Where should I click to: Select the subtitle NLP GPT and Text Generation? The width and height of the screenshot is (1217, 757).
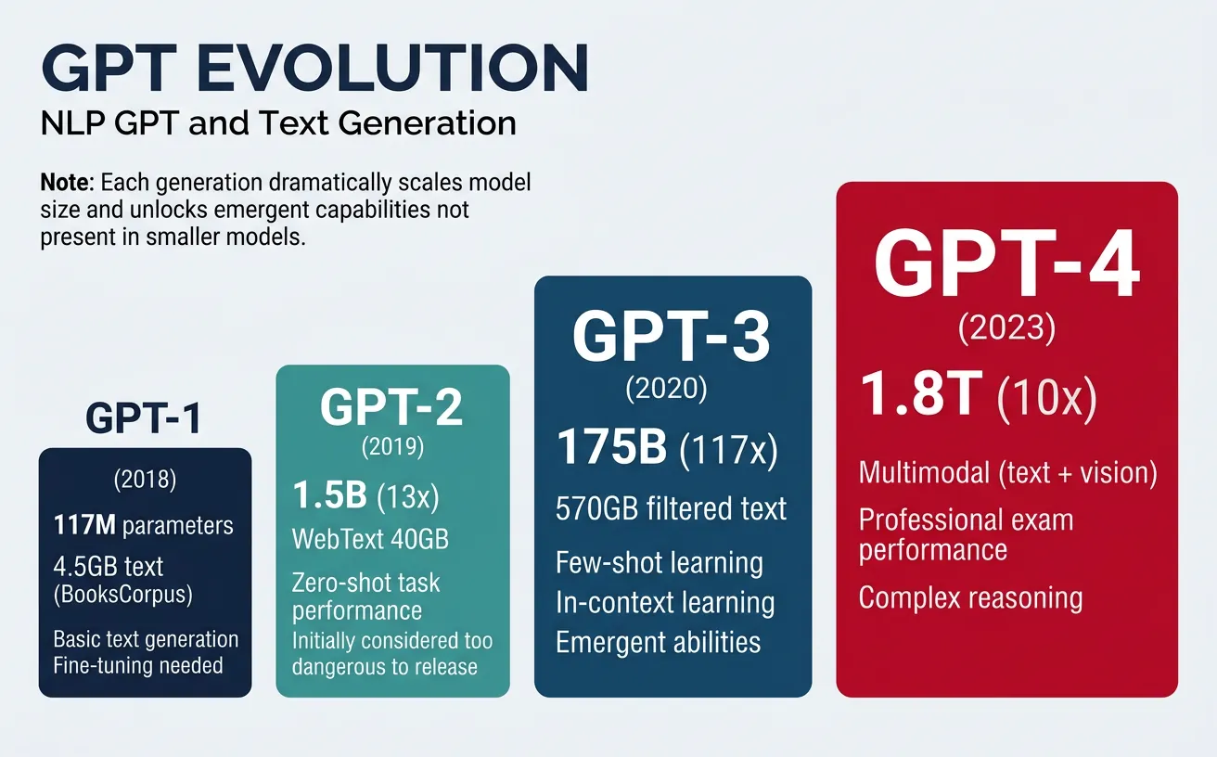click(278, 123)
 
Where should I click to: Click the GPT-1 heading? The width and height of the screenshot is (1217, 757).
click(144, 419)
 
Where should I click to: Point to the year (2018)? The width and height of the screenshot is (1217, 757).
click(145, 481)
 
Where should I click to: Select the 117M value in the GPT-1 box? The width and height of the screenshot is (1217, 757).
click(85, 526)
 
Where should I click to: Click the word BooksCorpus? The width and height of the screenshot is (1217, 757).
click(123, 594)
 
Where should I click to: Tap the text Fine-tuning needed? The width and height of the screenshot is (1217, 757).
click(138, 665)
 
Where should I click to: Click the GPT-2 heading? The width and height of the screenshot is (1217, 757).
click(392, 408)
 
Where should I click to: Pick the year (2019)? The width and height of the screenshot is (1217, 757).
click(392, 447)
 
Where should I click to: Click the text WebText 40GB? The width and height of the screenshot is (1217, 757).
click(370, 538)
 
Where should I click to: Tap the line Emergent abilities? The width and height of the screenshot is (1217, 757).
click(658, 642)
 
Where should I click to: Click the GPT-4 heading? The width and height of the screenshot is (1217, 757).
click(1006, 266)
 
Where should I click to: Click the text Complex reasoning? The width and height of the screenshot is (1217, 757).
click(970, 597)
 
